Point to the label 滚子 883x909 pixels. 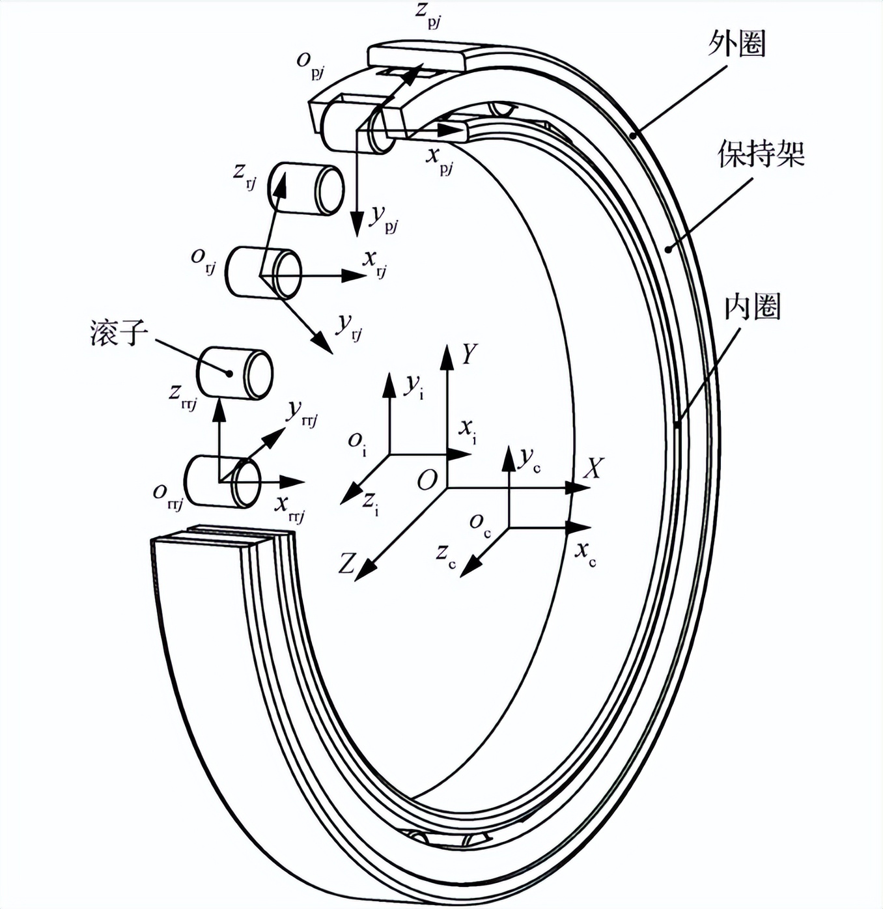coord(119,332)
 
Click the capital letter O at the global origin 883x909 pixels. coord(427,480)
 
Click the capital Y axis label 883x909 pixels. coord(469,353)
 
